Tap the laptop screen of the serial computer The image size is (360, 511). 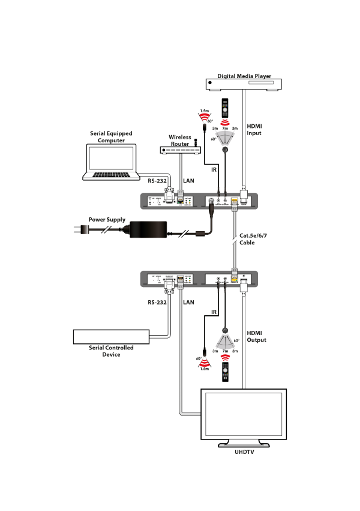coord(112,158)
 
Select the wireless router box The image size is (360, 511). coord(178,150)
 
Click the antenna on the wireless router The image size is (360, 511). coord(196,142)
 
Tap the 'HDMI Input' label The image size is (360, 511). coord(254,129)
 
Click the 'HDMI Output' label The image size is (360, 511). coord(256,336)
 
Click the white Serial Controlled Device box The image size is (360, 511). coord(111,336)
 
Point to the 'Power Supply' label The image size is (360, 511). coord(108,220)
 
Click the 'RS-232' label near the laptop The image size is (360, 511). coord(157,180)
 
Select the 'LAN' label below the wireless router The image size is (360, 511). coord(188,180)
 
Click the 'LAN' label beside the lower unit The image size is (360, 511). coord(188,302)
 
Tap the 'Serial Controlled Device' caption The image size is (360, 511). coord(111,351)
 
